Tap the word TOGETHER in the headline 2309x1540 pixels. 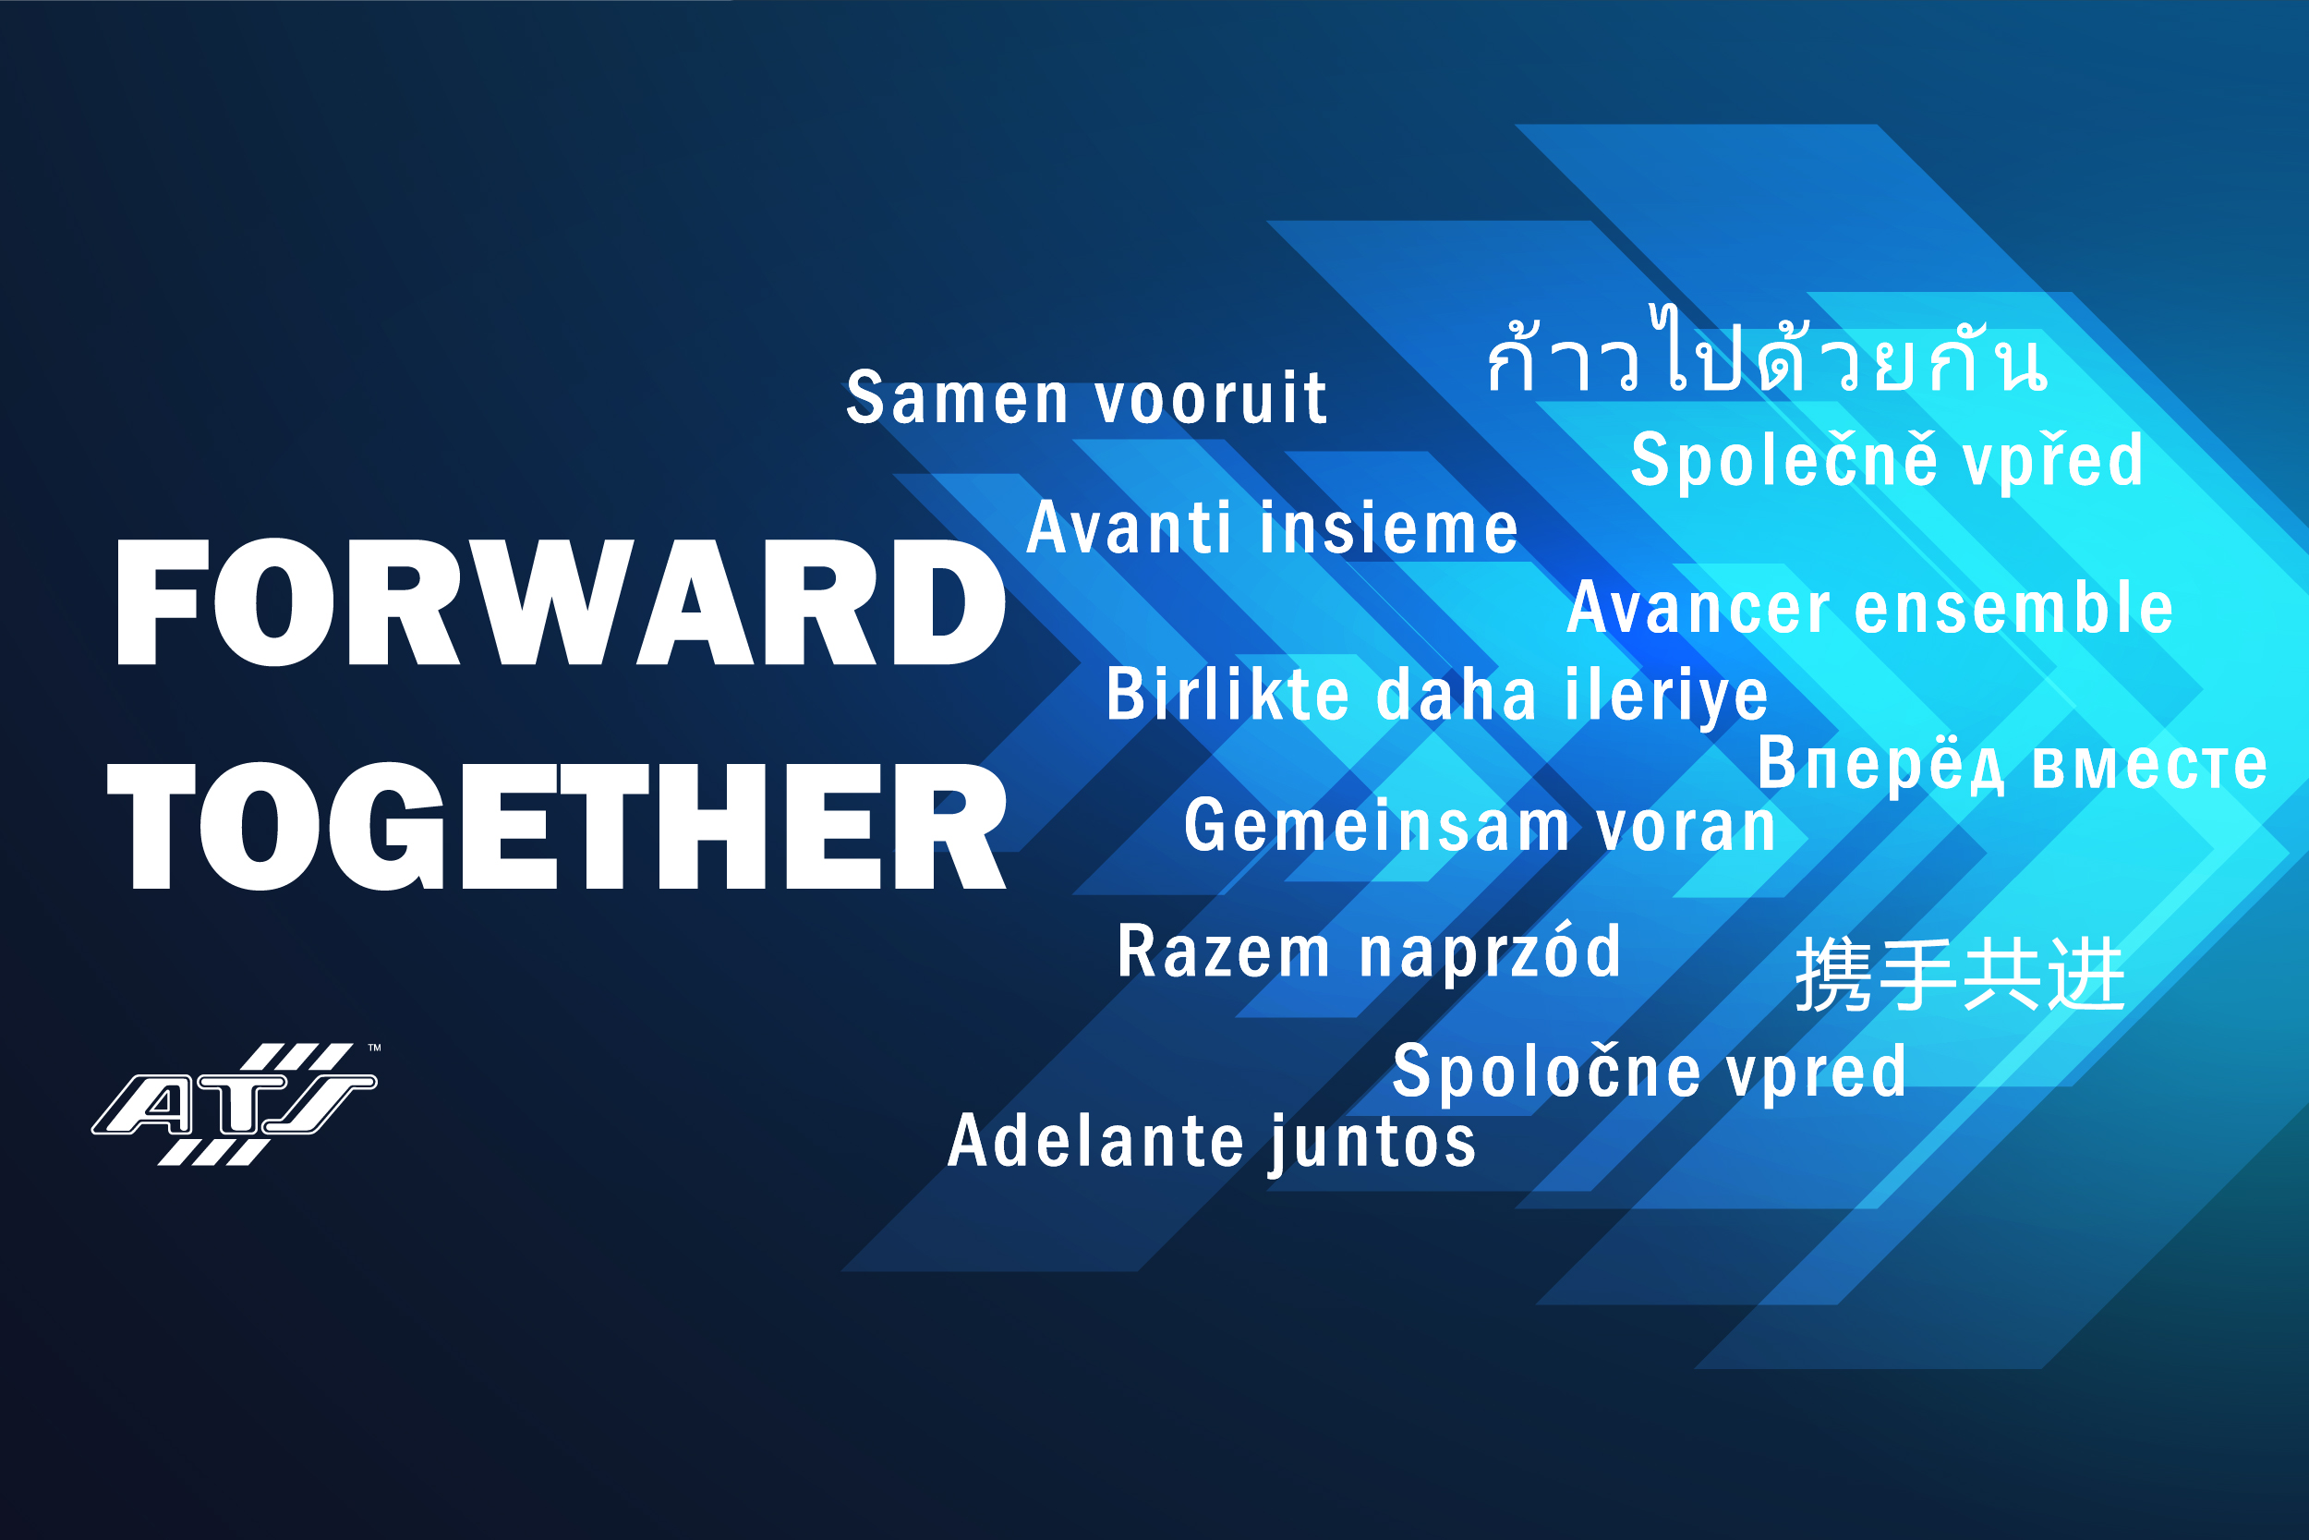tap(558, 826)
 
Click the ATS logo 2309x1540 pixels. tap(234, 1104)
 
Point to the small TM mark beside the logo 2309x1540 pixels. tap(374, 1048)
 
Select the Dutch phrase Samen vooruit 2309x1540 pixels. tap(1087, 398)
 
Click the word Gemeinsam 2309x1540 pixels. tap(1376, 825)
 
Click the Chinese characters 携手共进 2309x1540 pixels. tap(1960, 975)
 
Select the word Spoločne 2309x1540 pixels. tap(1546, 1070)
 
